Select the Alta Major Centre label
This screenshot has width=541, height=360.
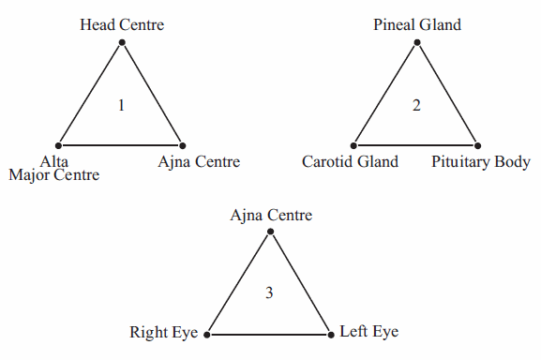coord(53,169)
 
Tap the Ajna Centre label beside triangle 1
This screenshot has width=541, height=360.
coord(199,162)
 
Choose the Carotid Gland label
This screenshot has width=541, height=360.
coord(350,162)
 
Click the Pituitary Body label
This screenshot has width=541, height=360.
coord(481,162)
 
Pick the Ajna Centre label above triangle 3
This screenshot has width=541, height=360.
coord(271,216)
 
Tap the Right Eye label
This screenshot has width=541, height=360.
coord(165,333)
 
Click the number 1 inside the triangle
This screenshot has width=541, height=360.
coord(121,105)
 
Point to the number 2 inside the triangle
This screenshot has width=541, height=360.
coord(417,105)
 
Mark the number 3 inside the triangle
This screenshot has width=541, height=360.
coord(269,293)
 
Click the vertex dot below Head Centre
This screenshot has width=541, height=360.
coord(122,43)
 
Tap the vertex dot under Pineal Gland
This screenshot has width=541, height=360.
coord(417,43)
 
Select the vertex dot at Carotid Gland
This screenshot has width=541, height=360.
coord(354,145)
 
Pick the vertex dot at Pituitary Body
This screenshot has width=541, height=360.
coord(477,145)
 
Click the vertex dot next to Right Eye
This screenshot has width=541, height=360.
coord(207,334)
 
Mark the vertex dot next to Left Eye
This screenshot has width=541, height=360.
coord(330,334)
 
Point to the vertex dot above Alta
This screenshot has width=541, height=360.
coord(59,145)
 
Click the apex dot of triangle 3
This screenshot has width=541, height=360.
coord(270,232)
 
